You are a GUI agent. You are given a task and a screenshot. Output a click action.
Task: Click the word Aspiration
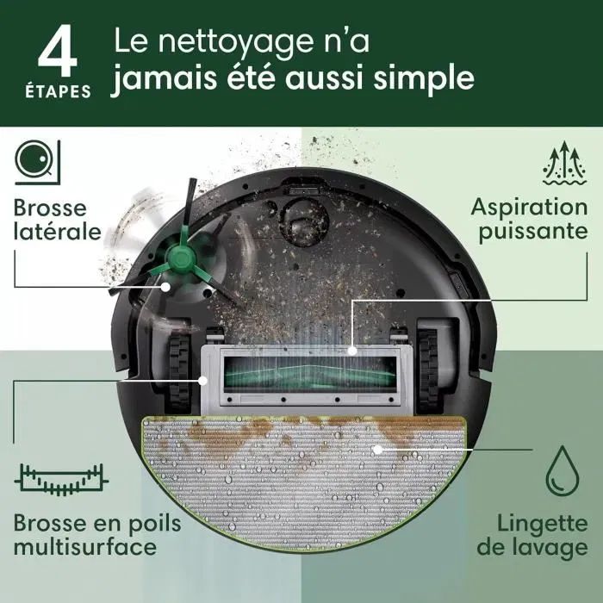click(529, 208)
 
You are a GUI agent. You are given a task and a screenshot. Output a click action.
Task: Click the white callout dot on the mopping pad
click(377, 449)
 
